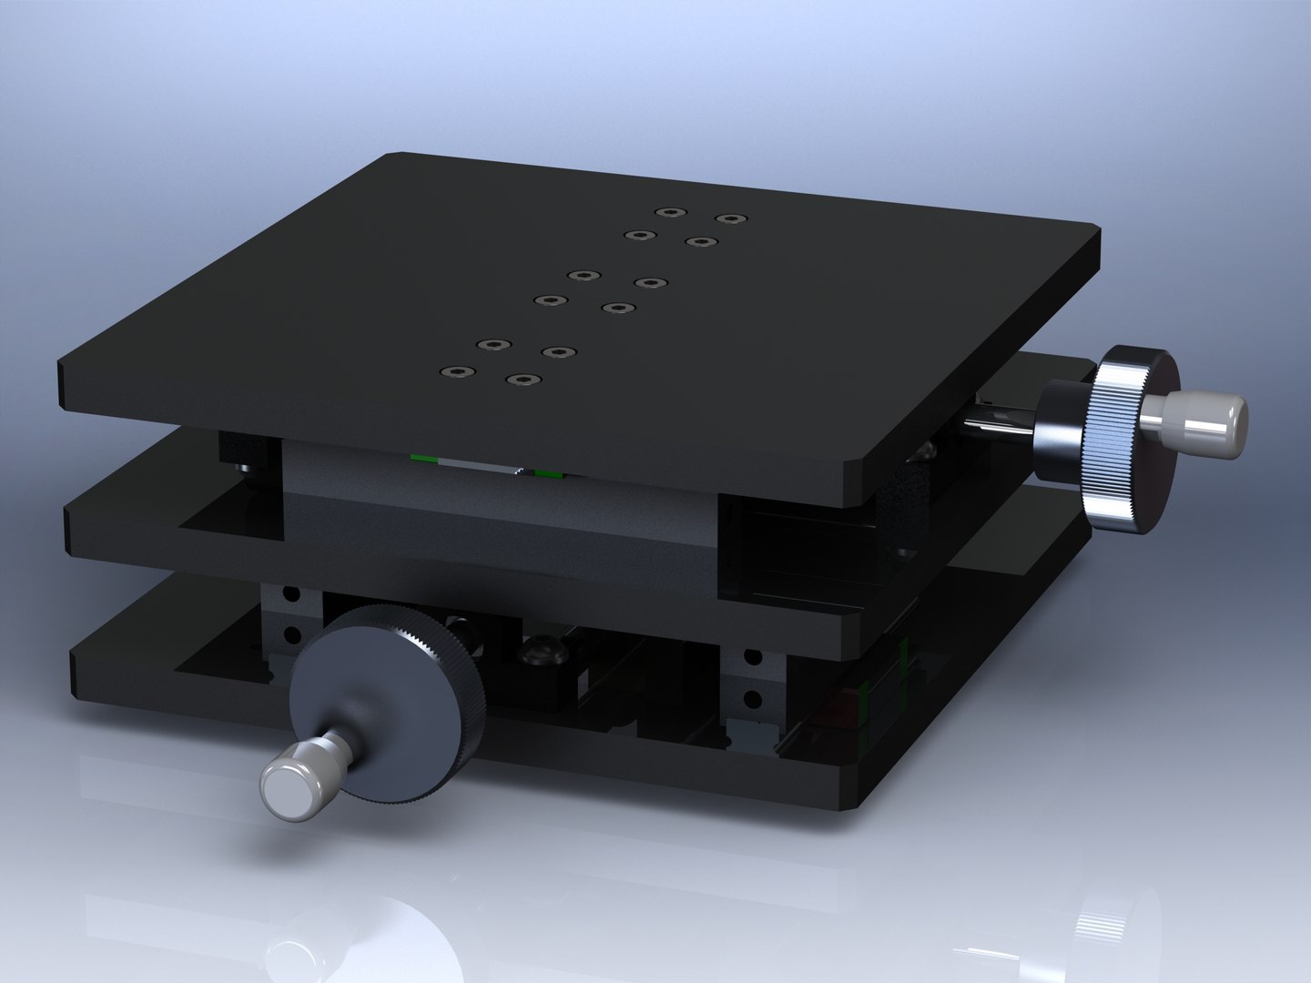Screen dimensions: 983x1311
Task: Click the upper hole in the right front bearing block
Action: pyautogui.click(x=752, y=656)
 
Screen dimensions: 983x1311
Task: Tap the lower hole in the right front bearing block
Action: pyautogui.click(x=752, y=699)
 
